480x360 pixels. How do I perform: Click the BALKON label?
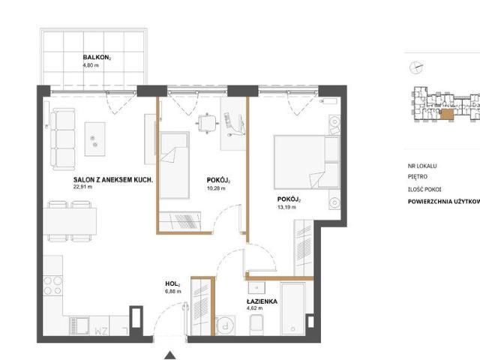tap(97, 58)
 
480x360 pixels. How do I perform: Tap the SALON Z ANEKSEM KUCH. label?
tap(113, 180)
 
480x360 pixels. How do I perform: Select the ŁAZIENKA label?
tap(262, 301)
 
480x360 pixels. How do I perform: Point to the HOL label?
tap(172, 284)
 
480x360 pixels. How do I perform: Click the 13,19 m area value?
tap(286, 207)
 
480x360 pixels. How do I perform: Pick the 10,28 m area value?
tap(216, 188)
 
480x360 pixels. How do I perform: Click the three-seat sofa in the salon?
tap(63, 139)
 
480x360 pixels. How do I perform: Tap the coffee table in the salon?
tap(95, 139)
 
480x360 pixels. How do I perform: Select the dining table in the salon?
tap(70, 221)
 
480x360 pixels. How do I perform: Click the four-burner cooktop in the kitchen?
tap(52, 286)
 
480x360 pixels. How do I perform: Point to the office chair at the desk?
tap(207, 123)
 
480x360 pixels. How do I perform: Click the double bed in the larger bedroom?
tap(307, 162)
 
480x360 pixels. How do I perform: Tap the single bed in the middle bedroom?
tap(174, 165)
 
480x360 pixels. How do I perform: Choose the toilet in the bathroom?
tap(256, 325)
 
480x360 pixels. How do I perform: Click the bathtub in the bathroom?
tap(293, 309)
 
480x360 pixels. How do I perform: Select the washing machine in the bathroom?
tap(225, 325)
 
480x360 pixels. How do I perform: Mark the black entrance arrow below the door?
tap(170, 355)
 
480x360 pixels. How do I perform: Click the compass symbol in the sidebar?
tap(416, 67)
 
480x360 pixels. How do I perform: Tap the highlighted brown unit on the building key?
tap(447, 114)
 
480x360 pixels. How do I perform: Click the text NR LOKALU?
tap(422, 166)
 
